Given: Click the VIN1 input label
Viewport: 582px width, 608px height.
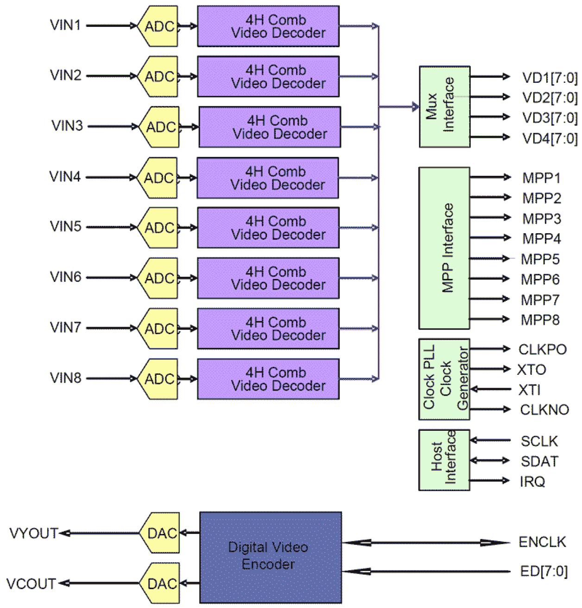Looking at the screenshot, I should pos(65,25).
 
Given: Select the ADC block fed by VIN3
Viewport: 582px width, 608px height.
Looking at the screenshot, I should pos(160,127).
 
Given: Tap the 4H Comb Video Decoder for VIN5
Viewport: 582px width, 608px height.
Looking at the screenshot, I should pos(268,228).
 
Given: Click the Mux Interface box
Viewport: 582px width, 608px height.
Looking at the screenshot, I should pos(444,106).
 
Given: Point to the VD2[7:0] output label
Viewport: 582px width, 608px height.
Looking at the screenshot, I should pos(550,98).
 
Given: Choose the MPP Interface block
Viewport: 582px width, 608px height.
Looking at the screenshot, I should pos(444,248).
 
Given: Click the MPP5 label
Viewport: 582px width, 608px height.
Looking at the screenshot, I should pos(540,259).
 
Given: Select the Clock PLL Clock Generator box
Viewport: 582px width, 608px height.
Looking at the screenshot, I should pos(444,379).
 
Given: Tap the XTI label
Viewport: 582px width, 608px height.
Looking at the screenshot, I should pos(529,390).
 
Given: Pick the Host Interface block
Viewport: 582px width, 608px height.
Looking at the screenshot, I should pos(444,459).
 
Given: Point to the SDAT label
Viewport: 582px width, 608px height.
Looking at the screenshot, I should pos(539,461).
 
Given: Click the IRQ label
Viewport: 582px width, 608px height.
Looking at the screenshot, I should pos(532,482).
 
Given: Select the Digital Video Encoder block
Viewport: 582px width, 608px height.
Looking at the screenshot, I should pos(271,557).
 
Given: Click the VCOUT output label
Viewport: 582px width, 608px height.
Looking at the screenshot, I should pos(31,583).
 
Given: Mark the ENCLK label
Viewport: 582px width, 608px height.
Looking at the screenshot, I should pos(542,542).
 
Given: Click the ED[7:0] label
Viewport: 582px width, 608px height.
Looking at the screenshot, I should pos(544,571).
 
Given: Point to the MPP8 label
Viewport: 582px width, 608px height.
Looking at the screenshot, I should pos(540,320).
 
